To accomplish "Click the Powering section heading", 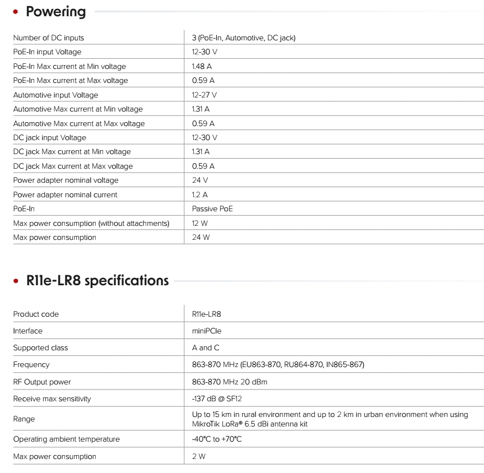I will click(56, 12).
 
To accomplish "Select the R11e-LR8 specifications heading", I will click(97, 280).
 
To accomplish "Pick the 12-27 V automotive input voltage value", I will click(204, 95).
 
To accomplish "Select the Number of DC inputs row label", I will click(49, 38).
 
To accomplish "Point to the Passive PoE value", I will click(212, 208).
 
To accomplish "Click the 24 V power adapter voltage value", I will click(200, 180).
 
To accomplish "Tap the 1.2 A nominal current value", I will click(200, 194).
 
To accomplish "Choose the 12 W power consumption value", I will click(200, 223).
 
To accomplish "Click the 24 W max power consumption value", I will click(201, 237).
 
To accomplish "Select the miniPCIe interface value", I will click(207, 331).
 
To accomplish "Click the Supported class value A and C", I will click(206, 347).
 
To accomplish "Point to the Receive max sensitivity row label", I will click(52, 398).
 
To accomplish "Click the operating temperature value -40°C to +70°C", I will click(217, 439).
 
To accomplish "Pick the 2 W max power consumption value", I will click(199, 456).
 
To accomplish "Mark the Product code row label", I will click(36, 314).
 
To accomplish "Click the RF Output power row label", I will click(42, 382).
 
